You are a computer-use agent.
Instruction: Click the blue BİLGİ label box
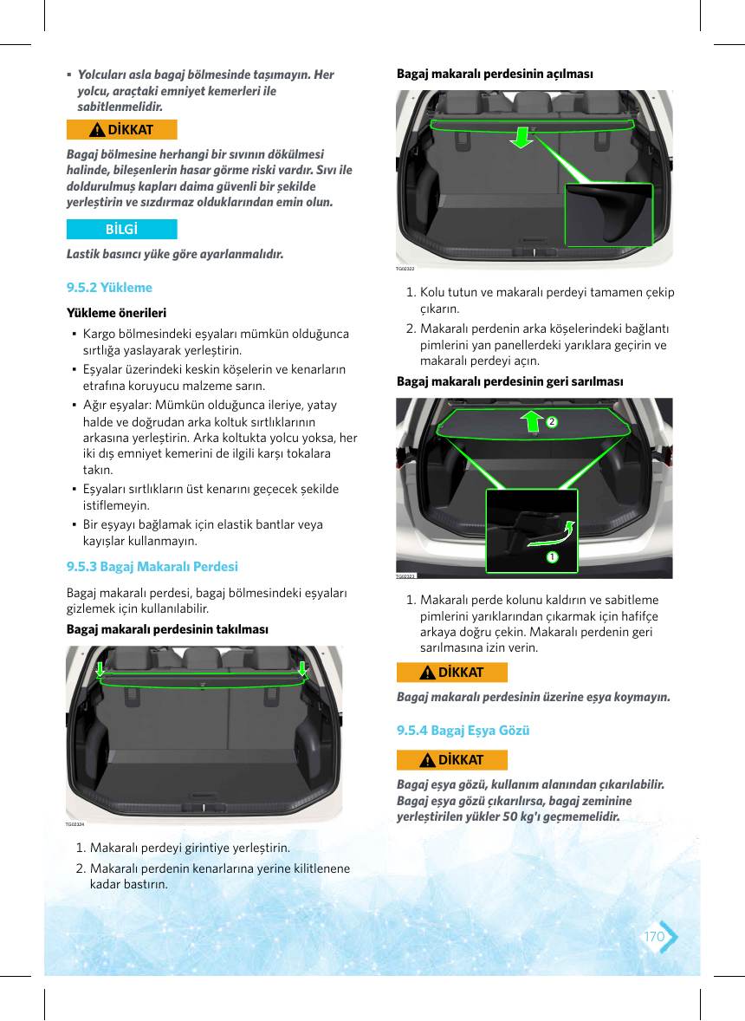(121, 229)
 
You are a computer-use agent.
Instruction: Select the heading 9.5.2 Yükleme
(109, 288)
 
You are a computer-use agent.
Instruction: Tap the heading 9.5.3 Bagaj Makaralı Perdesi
(152, 567)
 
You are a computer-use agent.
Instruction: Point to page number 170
(654, 936)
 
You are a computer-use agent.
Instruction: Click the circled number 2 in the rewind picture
(552, 422)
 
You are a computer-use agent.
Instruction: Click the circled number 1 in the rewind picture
(552, 556)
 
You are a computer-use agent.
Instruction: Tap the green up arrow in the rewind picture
(533, 420)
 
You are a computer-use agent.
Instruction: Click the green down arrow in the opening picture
(521, 138)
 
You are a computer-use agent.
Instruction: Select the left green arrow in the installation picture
(100, 669)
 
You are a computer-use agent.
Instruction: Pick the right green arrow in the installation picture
(302, 669)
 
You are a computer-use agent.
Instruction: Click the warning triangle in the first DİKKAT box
(97, 130)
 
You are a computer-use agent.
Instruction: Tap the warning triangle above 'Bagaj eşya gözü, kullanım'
(427, 760)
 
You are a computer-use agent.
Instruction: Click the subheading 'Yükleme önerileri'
(116, 313)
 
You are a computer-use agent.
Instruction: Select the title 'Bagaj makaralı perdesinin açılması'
(496, 74)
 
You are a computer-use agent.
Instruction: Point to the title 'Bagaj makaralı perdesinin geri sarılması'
(510, 380)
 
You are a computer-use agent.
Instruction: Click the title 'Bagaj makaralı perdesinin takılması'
(167, 629)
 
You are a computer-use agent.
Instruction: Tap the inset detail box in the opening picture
(608, 215)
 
